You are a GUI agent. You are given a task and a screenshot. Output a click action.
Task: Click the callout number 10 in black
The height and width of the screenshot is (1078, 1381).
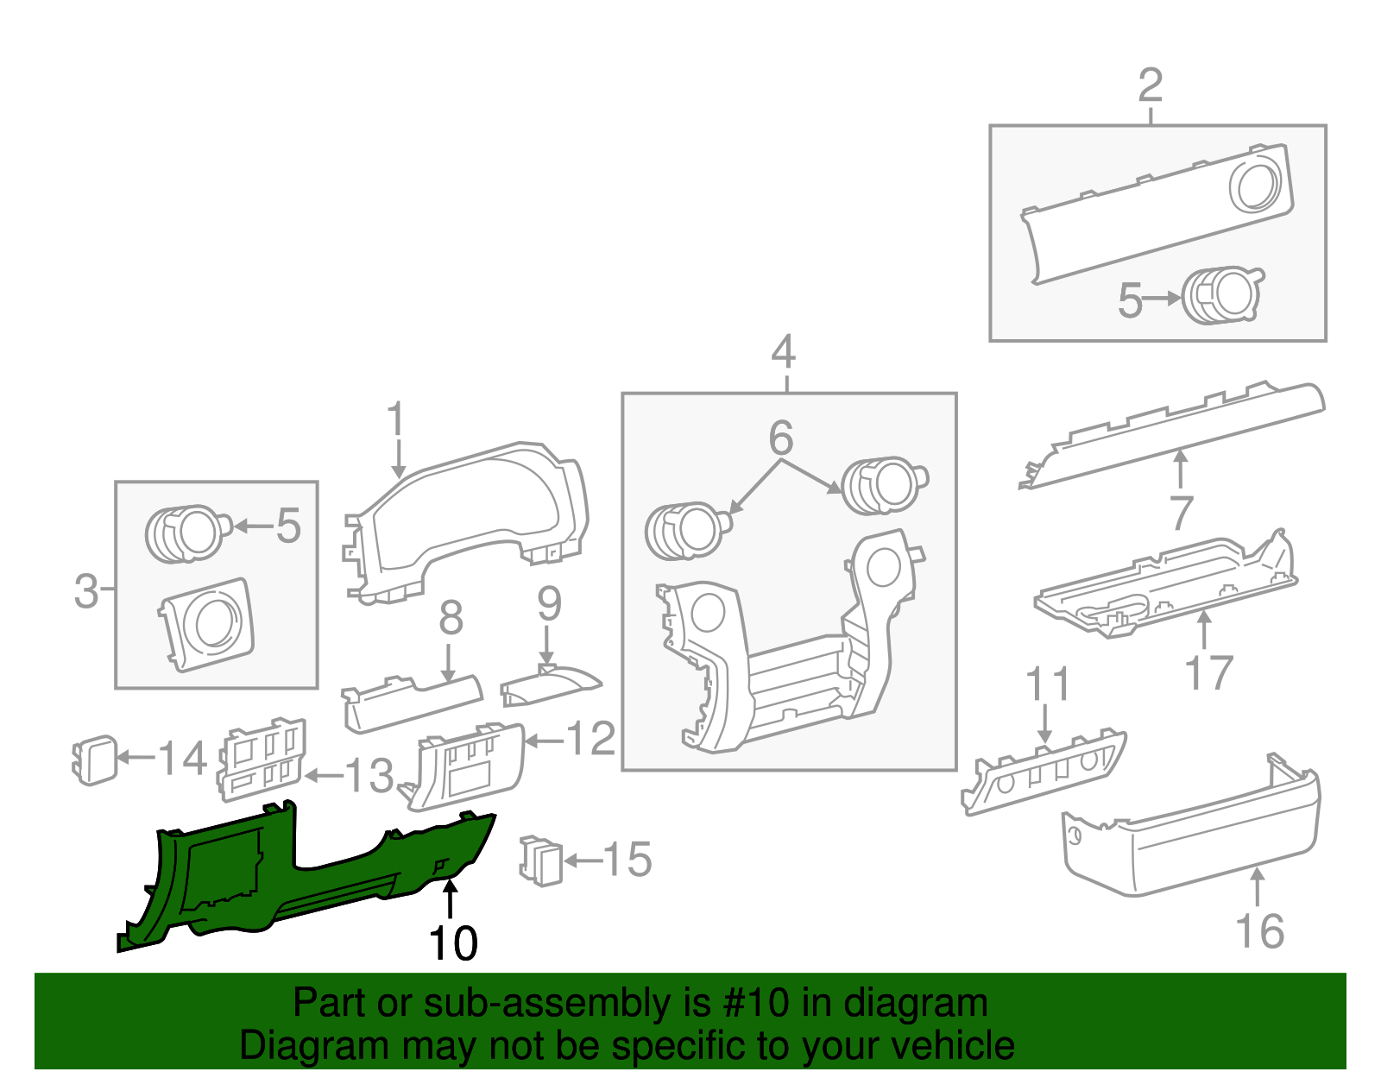(x=452, y=942)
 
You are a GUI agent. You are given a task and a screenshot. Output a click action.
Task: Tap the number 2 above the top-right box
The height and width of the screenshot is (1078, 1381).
(x=1151, y=86)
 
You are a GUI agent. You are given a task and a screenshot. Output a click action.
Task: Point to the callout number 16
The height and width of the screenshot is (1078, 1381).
(x=1259, y=931)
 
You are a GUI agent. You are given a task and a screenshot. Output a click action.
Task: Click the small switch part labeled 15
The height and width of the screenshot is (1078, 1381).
(x=541, y=860)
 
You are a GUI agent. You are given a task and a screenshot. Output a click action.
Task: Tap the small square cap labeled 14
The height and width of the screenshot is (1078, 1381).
(x=95, y=760)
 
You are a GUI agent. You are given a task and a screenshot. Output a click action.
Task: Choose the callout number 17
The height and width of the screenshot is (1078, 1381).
(x=1208, y=672)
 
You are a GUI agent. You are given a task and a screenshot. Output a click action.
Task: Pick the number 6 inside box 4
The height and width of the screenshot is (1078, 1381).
(x=780, y=438)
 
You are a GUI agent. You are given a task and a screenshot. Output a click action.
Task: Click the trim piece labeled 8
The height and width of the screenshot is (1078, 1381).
(x=414, y=699)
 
